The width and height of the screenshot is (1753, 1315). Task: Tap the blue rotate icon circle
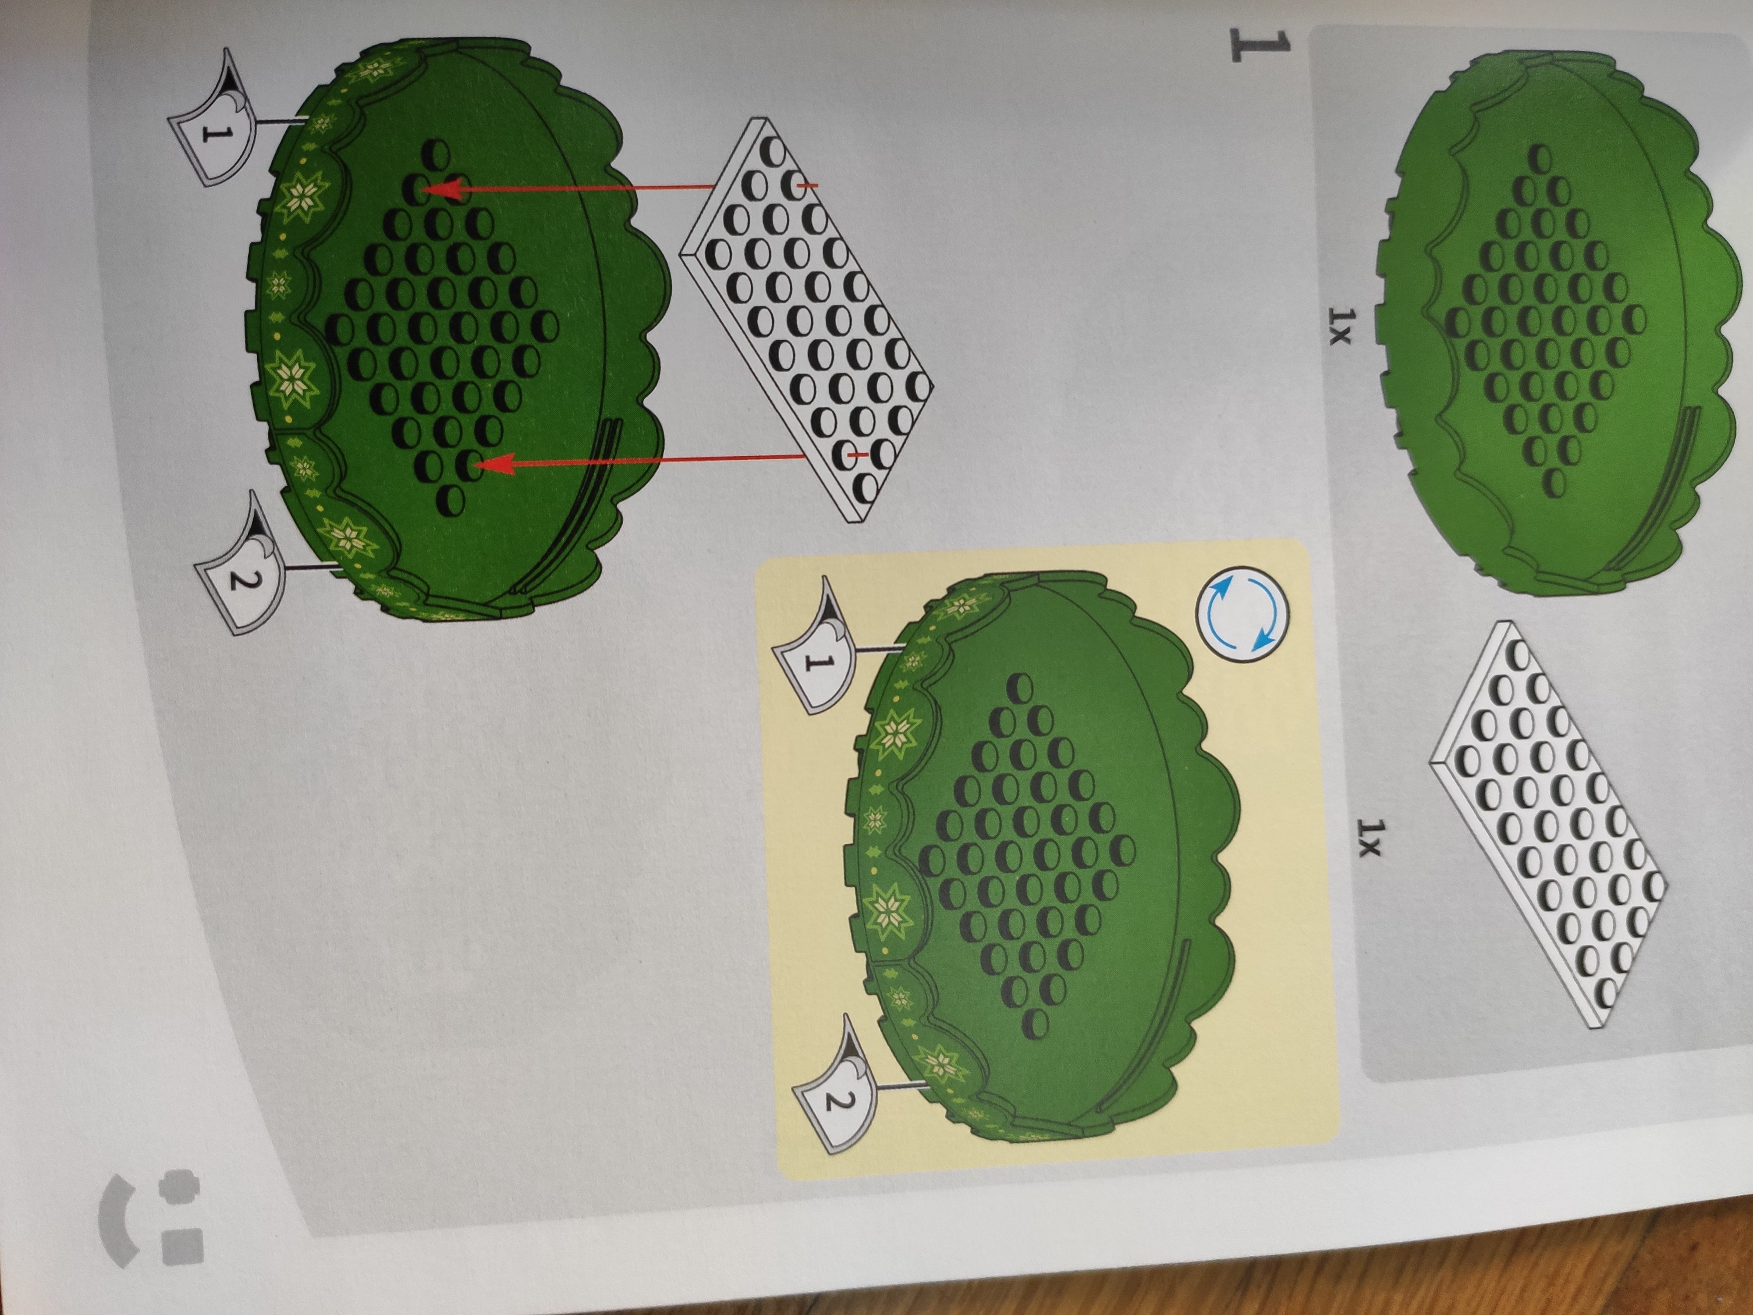coord(1241,614)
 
